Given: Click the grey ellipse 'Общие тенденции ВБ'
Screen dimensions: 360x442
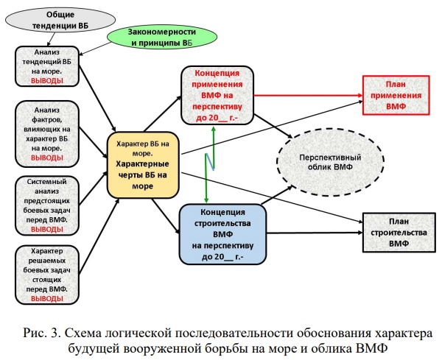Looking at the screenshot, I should tap(50, 21).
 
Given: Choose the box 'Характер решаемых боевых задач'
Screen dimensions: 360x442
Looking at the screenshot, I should tap(50, 275).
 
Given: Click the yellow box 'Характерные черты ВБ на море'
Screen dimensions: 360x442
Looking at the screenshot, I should tap(144, 165).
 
